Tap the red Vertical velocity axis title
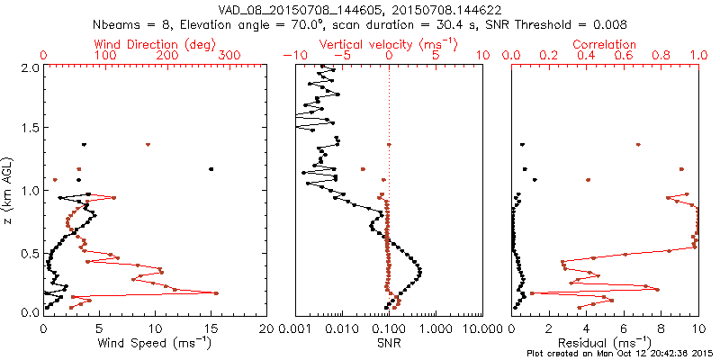(x=388, y=44)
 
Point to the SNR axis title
(x=390, y=342)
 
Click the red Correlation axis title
(x=605, y=44)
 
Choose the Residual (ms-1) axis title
(x=605, y=342)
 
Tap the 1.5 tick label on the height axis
(x=30, y=129)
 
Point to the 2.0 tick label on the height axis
(x=30, y=67)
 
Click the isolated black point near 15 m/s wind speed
(x=211, y=168)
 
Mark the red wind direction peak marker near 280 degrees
(x=216, y=293)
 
